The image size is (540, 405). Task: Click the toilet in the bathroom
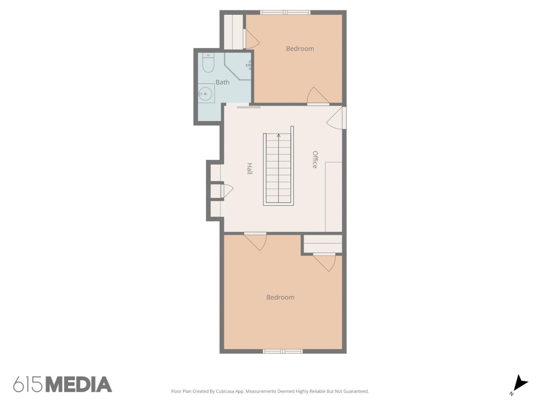(x=208, y=63)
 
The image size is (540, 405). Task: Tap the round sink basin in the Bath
(x=205, y=94)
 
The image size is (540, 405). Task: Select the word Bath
(x=222, y=82)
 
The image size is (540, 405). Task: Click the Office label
(x=315, y=159)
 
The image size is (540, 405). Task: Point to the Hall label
(x=249, y=168)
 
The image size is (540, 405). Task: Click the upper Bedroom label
(x=300, y=49)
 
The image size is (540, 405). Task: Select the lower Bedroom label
(x=280, y=297)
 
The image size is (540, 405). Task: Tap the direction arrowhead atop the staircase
(x=279, y=135)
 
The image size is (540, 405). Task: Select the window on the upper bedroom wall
(x=285, y=12)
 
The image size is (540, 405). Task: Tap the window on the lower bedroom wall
(x=283, y=351)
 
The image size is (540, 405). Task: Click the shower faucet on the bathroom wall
(x=248, y=65)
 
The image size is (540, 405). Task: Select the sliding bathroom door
(x=248, y=107)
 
